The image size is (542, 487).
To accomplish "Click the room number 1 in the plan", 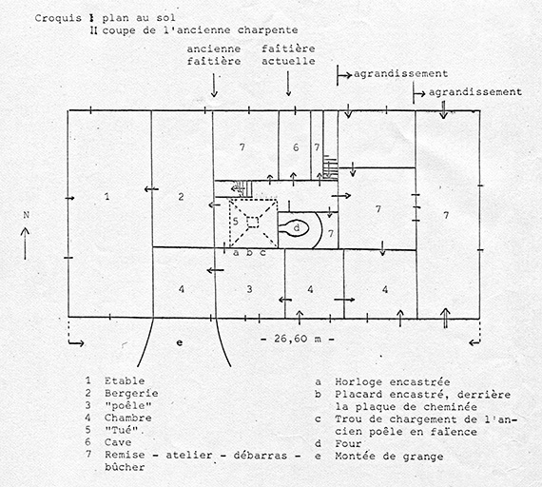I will click(107, 196).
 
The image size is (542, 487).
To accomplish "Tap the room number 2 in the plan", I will click(180, 198).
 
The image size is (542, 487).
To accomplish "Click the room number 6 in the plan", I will click(297, 147).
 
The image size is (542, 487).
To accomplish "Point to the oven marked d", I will click(297, 227).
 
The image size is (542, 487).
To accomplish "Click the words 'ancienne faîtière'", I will click(215, 54).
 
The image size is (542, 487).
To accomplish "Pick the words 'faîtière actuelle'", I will click(288, 54).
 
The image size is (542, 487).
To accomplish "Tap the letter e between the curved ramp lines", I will click(179, 340).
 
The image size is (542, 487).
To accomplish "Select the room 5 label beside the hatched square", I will click(235, 221).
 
